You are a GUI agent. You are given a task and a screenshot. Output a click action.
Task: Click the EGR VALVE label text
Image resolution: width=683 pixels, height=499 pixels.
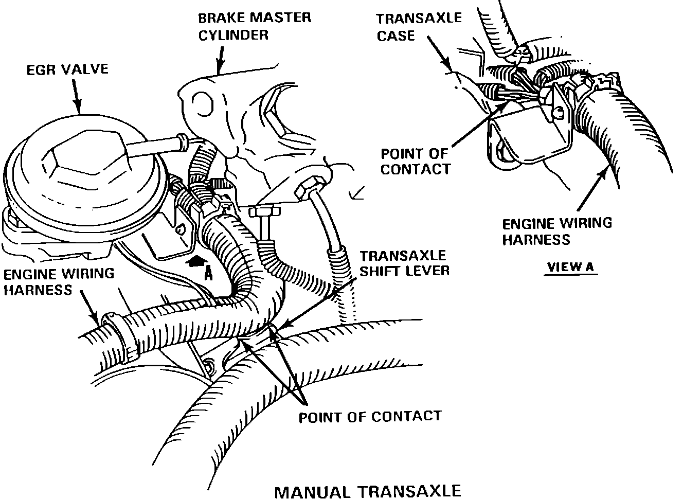click(x=67, y=69)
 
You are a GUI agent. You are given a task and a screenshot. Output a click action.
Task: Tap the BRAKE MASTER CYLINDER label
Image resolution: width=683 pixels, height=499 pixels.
click(x=255, y=26)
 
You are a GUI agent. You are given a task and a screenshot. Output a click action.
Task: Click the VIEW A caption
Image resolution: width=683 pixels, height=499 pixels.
click(x=570, y=267)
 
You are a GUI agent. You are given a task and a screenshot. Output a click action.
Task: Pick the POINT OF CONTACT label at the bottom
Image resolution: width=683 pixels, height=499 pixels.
click(x=370, y=416)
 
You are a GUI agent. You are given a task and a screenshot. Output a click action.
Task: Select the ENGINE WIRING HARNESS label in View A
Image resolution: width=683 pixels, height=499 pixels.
click(x=557, y=231)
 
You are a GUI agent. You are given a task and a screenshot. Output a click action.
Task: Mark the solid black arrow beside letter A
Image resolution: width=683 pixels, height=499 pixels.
click(x=194, y=262)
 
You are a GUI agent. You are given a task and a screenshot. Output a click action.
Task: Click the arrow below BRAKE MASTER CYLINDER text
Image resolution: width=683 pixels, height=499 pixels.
click(x=220, y=59)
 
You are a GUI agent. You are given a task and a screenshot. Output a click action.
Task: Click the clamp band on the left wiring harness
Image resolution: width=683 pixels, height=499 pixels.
click(x=122, y=334)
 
